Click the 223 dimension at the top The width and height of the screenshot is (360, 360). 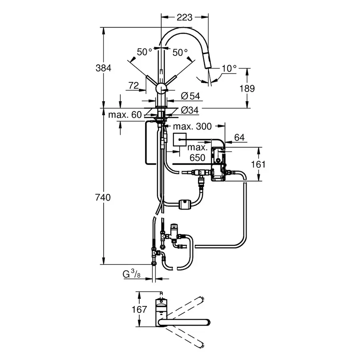pyautogui.click(x=184, y=17)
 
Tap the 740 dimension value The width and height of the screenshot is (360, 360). pyautogui.click(x=104, y=198)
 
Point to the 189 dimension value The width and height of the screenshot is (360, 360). pyautogui.click(x=247, y=88)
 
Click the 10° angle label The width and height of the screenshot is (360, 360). pyautogui.click(x=229, y=68)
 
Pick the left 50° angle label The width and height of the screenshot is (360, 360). pyautogui.click(x=144, y=52)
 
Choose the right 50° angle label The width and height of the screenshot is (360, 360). pyautogui.click(x=180, y=52)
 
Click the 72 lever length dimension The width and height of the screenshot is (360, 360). pyautogui.click(x=134, y=85)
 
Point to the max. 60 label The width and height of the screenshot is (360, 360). pyautogui.click(x=125, y=115)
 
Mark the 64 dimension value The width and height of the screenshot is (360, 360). pyautogui.click(x=239, y=137)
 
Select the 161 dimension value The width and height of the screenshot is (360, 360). pyautogui.click(x=258, y=164)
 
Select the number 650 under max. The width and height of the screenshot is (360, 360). pyautogui.click(x=197, y=158)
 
